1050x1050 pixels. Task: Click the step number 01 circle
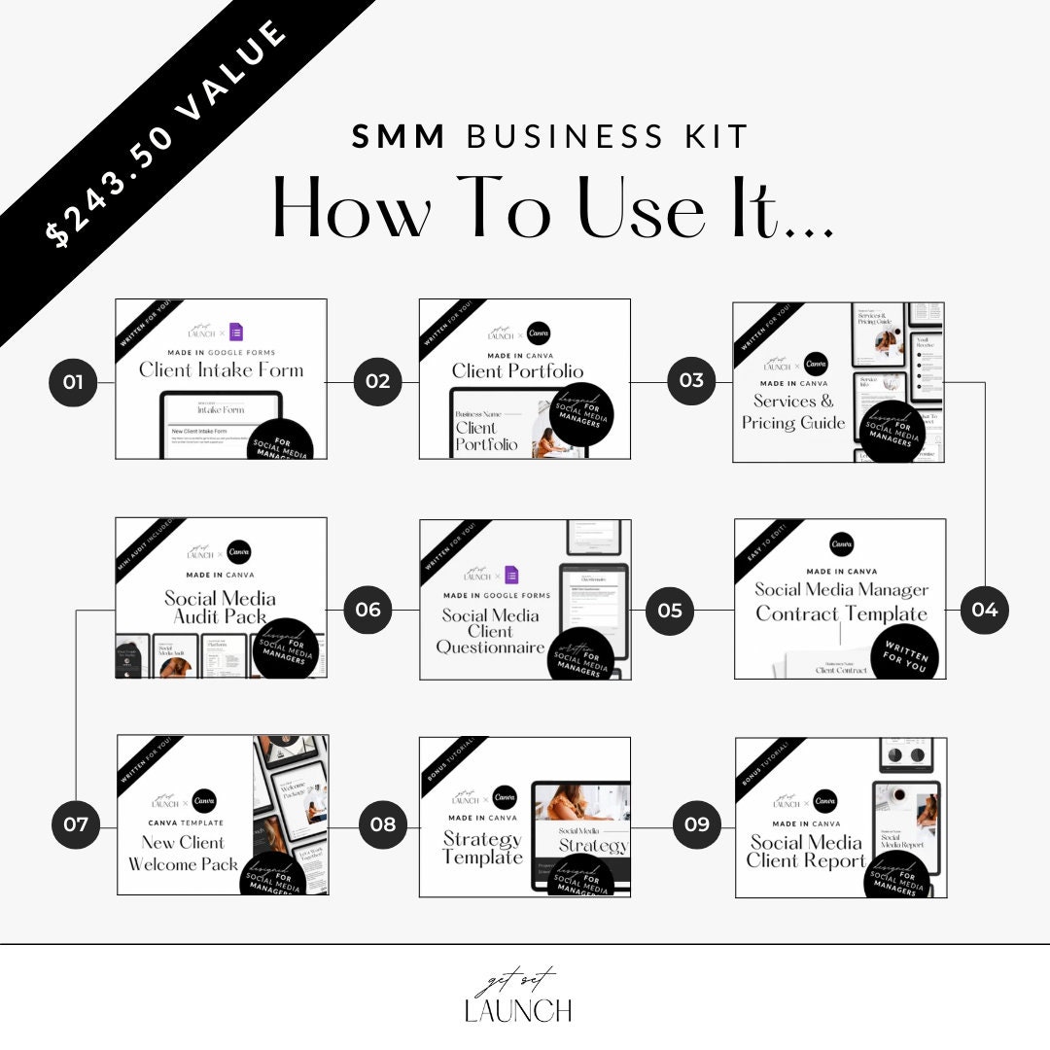73,382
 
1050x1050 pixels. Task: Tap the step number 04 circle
985,610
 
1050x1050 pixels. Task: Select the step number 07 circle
76,825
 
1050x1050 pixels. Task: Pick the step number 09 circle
697,824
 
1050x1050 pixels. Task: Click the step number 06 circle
367,610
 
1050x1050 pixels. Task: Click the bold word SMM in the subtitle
399,137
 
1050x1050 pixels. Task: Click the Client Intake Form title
221,369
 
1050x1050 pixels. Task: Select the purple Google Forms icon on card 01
236,332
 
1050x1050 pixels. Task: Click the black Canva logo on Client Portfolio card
538,332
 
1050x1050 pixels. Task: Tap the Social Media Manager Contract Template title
841,602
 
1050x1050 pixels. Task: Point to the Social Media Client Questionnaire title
490,630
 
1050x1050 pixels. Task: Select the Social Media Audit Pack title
220,607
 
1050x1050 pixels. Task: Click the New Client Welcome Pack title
183,853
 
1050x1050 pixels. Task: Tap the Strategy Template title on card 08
482,848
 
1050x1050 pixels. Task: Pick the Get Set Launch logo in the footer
517,997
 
